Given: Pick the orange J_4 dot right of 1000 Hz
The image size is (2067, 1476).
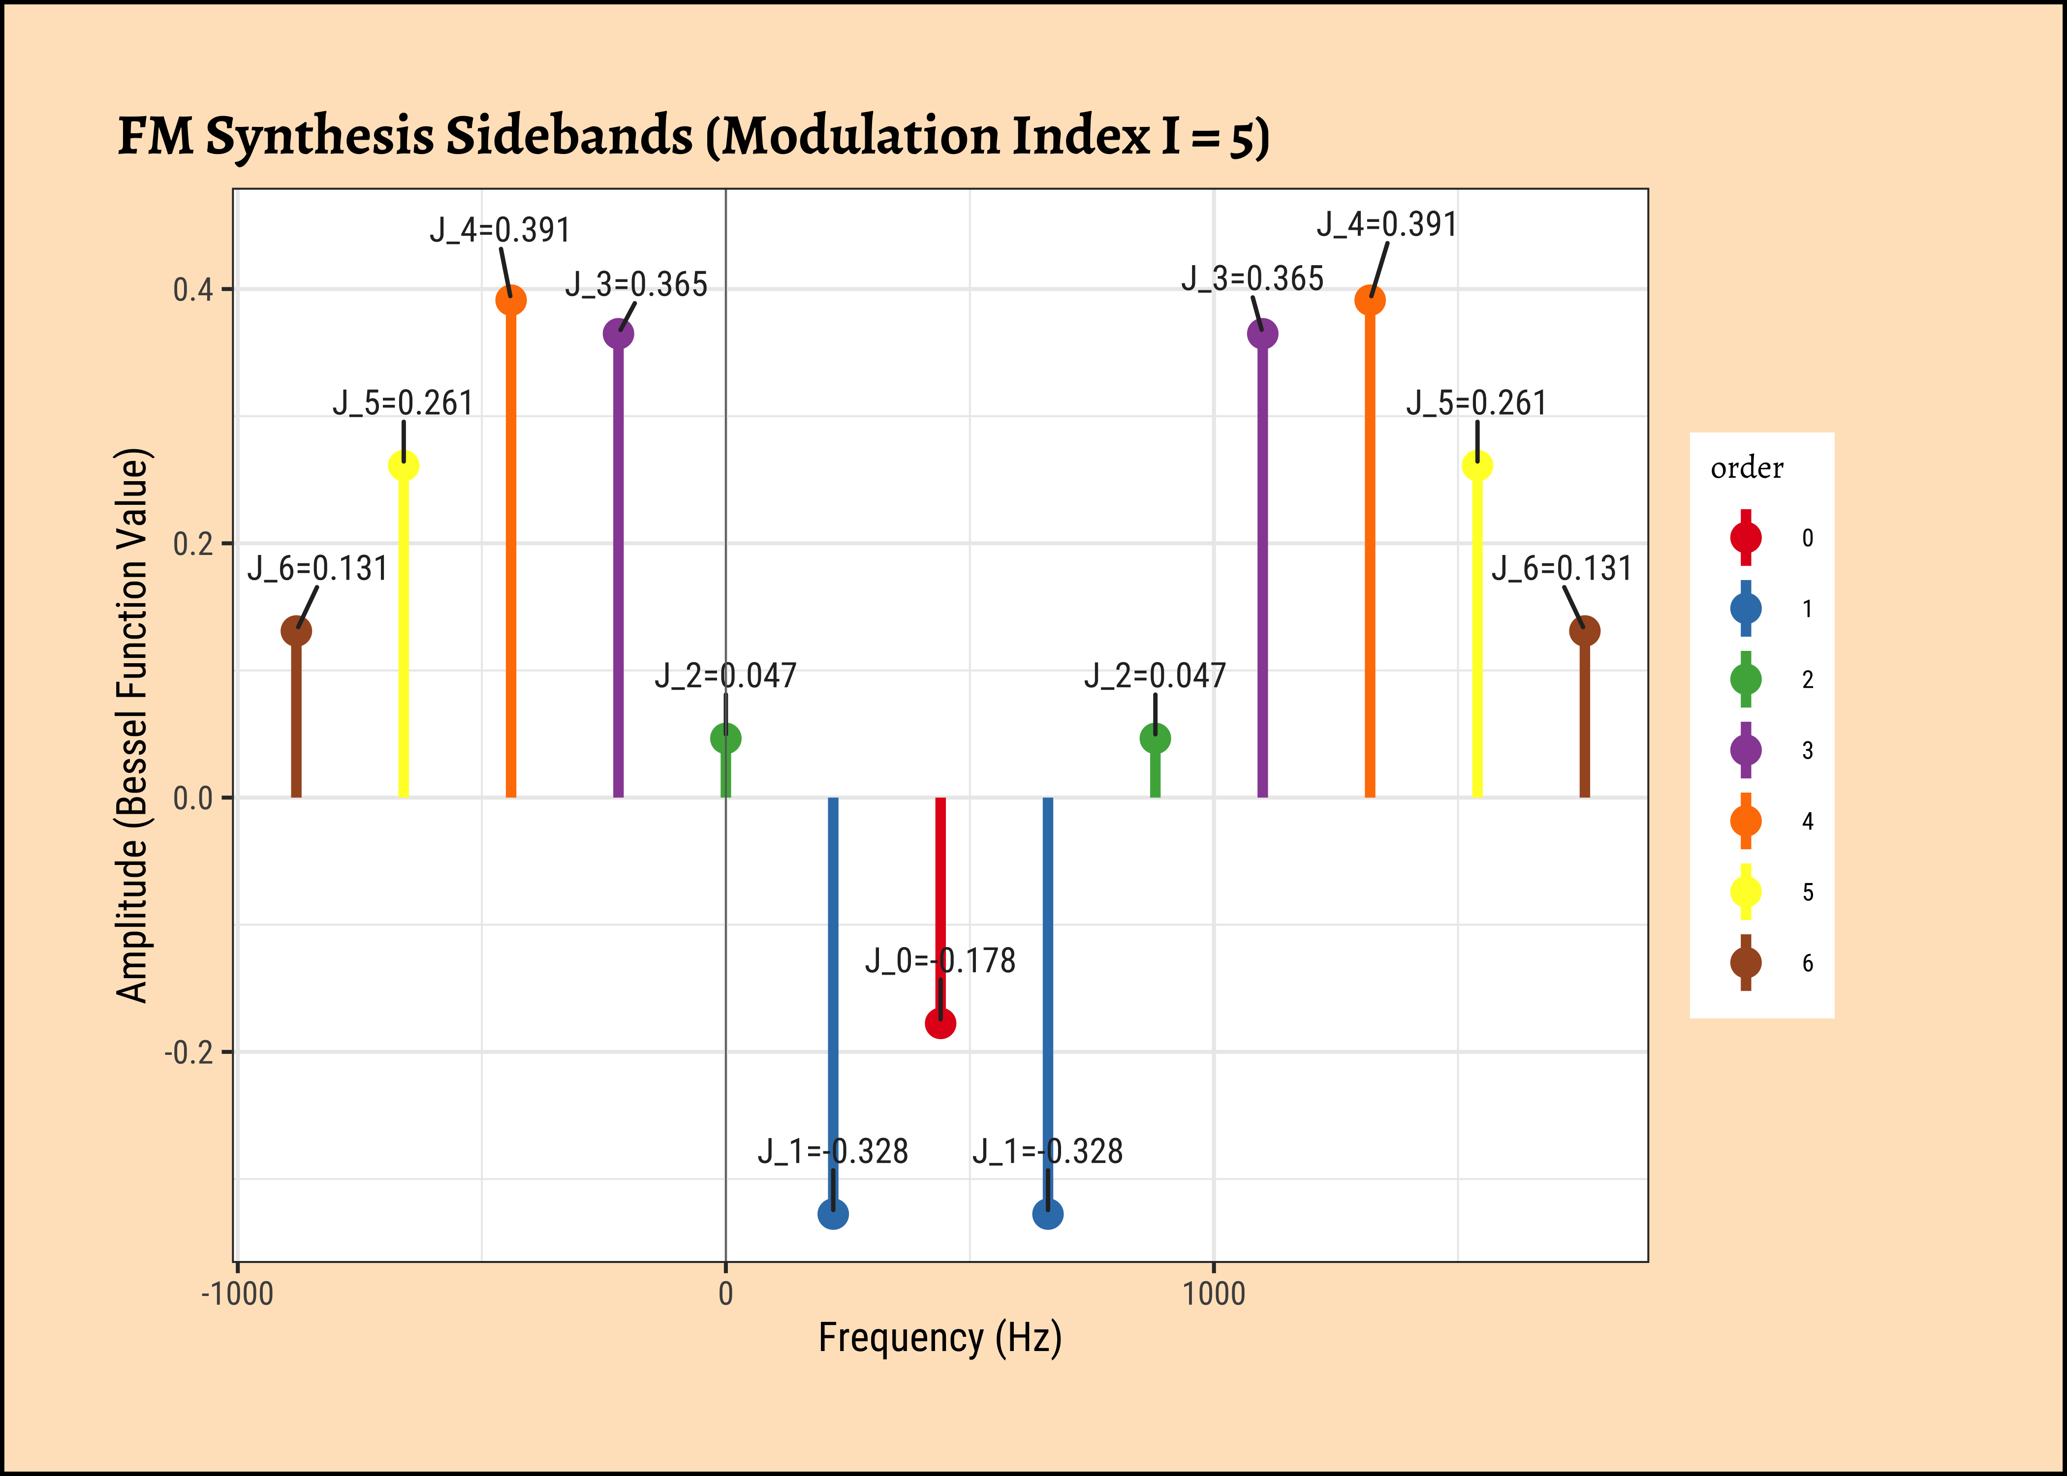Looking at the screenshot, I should tap(1370, 300).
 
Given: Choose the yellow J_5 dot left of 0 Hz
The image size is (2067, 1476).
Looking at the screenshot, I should tap(404, 465).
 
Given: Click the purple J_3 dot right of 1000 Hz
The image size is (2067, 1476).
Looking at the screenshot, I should tap(1262, 334).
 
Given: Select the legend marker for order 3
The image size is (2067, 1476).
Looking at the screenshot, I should tap(1745, 750).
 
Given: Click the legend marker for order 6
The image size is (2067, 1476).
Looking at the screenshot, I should tap(1745, 962).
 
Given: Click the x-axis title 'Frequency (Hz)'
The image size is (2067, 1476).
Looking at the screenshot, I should tap(940, 1338).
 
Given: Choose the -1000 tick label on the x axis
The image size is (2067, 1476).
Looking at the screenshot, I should tap(237, 1293).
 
